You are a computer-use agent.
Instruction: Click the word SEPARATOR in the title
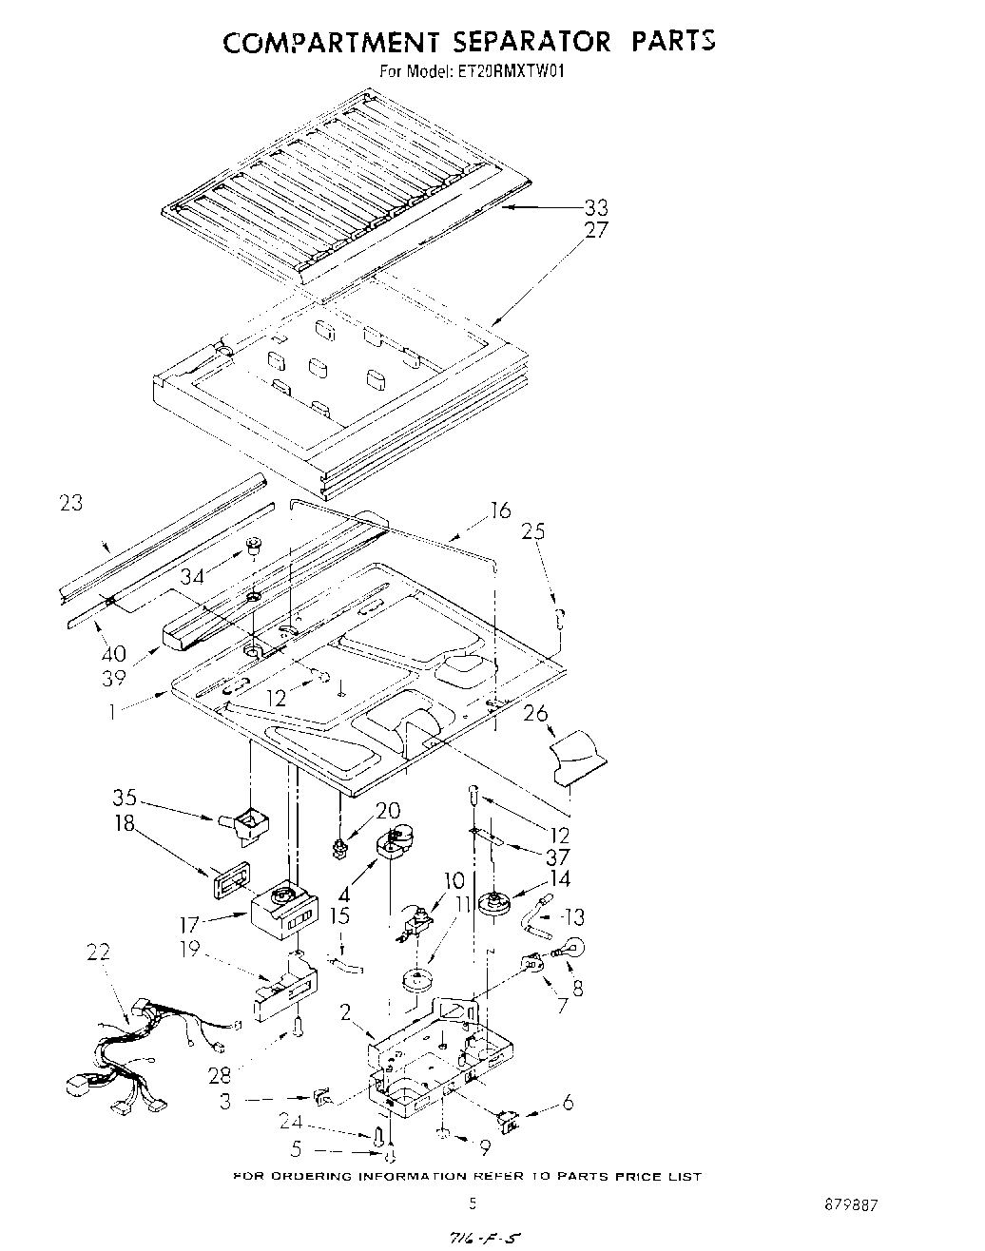point(515,42)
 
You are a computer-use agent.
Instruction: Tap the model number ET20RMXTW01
point(512,70)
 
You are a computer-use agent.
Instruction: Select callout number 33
point(595,207)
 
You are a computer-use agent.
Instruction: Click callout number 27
point(595,230)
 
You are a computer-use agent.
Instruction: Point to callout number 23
point(70,503)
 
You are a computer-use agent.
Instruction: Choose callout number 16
point(500,512)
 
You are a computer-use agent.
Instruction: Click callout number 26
point(535,711)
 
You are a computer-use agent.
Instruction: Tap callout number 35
point(125,797)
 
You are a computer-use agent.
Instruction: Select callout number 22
point(97,952)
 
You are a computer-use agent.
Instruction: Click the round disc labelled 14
point(493,904)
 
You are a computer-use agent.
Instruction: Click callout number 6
point(568,1102)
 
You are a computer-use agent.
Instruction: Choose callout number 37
point(556,856)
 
